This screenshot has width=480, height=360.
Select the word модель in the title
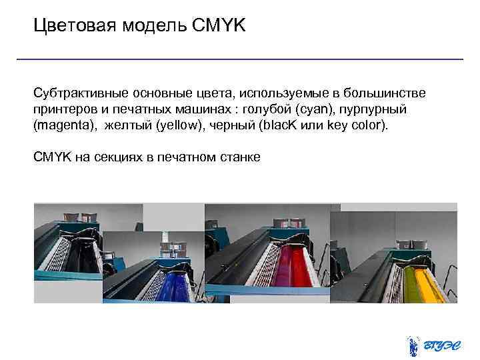[146, 26]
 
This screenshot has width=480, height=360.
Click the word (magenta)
[63, 125]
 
